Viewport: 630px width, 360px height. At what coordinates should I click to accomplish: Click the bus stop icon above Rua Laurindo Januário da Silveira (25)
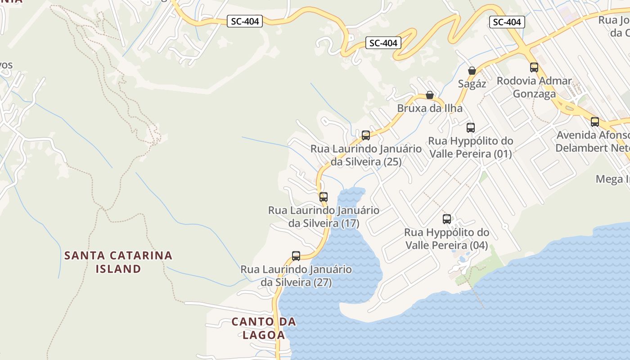366,135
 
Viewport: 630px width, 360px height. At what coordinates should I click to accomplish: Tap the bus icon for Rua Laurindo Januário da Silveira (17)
324,197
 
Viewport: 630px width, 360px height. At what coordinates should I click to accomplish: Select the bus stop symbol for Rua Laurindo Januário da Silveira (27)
296,256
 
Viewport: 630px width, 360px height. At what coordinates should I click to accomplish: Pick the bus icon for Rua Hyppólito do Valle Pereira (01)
471,127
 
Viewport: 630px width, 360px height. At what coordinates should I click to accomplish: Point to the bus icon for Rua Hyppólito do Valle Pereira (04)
447,219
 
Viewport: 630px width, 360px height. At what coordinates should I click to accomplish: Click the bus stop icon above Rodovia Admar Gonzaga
534,67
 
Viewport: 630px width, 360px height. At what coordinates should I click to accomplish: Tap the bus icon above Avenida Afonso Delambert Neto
595,121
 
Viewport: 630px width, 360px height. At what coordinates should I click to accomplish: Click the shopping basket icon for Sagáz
472,71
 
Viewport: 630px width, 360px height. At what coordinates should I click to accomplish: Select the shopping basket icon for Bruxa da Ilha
430,95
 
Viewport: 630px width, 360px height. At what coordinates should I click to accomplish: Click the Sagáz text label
472,84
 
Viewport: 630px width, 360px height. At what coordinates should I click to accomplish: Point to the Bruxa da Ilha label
430,108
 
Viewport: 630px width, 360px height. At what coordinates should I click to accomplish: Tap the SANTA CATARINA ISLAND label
118,262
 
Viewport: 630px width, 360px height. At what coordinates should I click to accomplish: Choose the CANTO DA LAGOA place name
264,328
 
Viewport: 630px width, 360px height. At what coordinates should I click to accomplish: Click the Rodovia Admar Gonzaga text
535,87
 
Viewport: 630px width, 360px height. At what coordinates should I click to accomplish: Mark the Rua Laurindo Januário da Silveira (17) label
324,216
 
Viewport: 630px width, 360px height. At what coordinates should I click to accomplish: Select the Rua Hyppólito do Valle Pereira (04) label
447,239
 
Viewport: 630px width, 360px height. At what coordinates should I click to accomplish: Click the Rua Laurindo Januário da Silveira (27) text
296,276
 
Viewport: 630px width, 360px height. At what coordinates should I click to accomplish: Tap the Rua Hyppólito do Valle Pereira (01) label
471,147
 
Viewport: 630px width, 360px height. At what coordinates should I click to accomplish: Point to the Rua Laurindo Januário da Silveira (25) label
366,155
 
